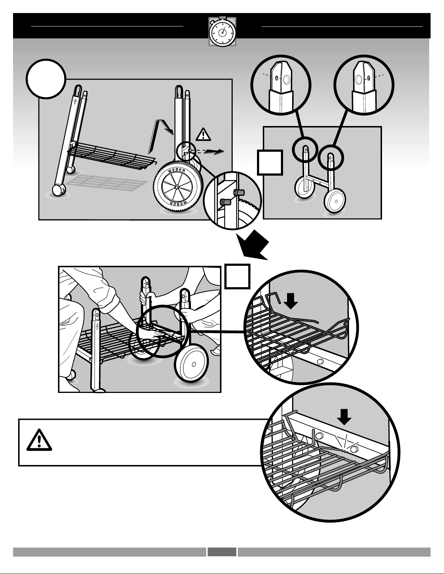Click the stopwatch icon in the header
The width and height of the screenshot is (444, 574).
[x=222, y=32]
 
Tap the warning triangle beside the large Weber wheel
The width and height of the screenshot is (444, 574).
[x=203, y=134]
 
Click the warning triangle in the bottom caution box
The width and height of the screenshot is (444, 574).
[x=39, y=440]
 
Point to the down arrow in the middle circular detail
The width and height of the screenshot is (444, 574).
[x=291, y=302]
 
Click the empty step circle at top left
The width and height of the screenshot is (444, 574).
[x=46, y=79]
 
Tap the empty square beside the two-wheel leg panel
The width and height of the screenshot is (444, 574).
[x=270, y=163]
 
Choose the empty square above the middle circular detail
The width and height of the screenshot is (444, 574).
[x=237, y=276]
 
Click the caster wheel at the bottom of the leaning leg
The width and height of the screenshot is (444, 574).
[x=58, y=190]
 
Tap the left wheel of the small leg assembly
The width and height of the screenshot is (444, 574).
[x=304, y=188]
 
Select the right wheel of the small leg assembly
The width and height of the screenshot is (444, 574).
[x=335, y=201]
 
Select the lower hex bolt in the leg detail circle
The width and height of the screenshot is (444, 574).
[x=225, y=202]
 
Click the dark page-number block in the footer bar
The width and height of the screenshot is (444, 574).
[x=222, y=552]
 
